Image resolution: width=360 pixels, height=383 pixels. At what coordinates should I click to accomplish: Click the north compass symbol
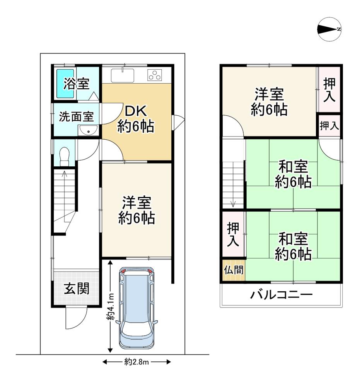coord(329,29)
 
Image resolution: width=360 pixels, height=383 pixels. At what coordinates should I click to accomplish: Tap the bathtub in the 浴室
coord(65,84)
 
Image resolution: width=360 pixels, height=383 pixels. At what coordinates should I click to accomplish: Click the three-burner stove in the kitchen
coord(155,75)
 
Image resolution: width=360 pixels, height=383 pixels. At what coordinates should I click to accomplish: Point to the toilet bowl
coord(65,156)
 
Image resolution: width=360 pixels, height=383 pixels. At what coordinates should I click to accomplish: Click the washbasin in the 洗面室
coord(88,130)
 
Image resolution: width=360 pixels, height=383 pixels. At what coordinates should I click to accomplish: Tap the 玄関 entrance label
coord(77,289)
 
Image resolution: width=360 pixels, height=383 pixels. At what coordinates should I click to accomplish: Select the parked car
coord(136,308)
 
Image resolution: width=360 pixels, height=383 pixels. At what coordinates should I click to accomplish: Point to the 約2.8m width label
coord(136,362)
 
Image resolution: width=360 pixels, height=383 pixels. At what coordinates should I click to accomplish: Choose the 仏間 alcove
coord(234,270)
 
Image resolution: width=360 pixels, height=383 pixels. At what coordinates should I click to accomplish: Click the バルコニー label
coord(281,295)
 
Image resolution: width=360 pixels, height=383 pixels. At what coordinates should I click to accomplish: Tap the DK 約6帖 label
coord(136,119)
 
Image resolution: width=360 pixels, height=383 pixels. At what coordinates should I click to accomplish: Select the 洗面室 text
coord(77,117)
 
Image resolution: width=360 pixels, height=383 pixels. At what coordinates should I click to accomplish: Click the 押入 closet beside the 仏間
coord(233,234)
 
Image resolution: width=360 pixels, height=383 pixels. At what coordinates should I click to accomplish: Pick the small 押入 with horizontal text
coord(329,126)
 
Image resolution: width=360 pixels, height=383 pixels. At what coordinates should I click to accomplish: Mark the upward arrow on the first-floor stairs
coord(65,190)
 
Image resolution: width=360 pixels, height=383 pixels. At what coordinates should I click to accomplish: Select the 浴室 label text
coord(77,84)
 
